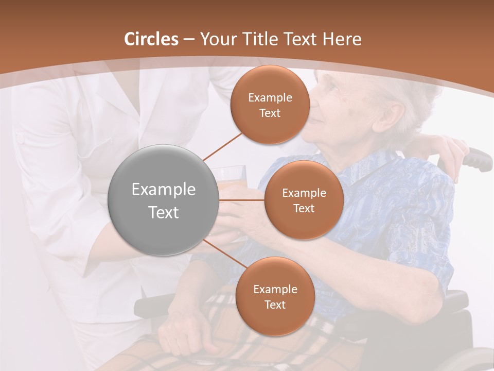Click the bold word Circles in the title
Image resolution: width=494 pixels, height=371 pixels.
coord(151,39)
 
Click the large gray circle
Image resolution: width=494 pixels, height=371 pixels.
coord(163,200)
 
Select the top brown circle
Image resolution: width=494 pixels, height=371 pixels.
coord(270,105)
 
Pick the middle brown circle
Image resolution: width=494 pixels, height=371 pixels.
coord(304,200)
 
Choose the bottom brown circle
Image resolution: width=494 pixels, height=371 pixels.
coord(275,297)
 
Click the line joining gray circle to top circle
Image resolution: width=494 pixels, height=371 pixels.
coord(222,146)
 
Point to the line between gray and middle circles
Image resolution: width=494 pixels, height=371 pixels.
coord(241,200)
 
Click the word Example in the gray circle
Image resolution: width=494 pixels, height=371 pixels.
coord(164,190)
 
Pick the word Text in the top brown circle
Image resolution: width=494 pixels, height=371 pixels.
coord(270,113)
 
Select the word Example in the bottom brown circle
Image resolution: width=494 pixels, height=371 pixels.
coord(275,290)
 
